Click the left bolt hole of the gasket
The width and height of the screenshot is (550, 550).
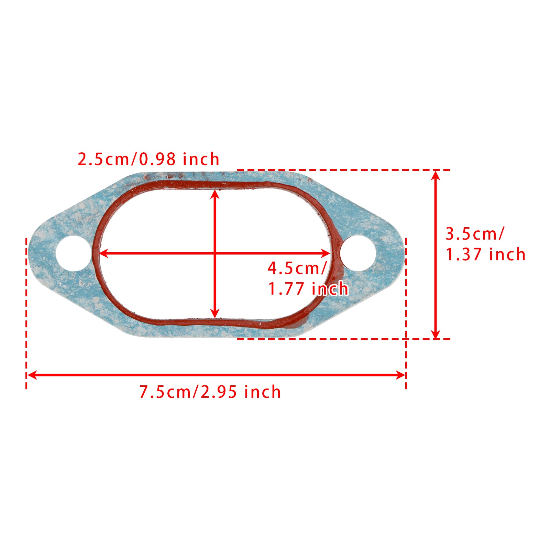point(73,253)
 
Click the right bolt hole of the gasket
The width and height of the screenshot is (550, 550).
point(358,253)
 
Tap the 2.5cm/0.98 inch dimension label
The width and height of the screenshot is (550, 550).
point(148,159)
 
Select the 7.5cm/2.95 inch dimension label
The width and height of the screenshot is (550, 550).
point(210,392)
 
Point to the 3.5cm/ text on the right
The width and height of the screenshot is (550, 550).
point(475,234)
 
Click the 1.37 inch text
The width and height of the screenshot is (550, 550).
point(485,254)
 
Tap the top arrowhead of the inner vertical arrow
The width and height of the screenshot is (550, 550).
point(215,194)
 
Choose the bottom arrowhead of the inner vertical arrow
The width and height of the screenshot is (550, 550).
point(215,313)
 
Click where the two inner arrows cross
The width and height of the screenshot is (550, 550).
point(215,254)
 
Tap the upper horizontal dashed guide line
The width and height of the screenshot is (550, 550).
point(344,170)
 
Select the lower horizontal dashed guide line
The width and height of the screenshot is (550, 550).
point(344,339)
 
